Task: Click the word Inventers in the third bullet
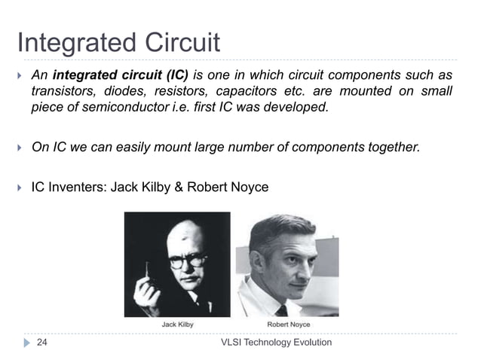[x=75, y=186]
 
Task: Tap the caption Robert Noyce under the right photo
[x=288, y=325]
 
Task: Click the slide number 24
[x=43, y=343]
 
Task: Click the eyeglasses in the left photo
[x=187, y=261]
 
